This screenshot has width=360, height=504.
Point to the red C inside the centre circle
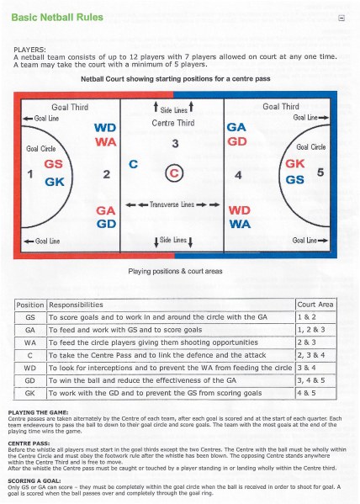click(173, 174)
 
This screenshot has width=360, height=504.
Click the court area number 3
click(174, 144)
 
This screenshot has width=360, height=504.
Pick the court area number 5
click(320, 172)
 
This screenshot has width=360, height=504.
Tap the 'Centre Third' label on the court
click(173, 123)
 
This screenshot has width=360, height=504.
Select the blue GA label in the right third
click(236, 127)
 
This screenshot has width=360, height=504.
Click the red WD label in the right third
click(240, 210)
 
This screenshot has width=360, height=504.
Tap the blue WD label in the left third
click(106, 128)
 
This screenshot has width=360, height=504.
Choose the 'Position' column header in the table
click(31, 305)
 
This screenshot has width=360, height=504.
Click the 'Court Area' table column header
click(316, 305)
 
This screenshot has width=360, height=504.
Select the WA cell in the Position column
click(31, 343)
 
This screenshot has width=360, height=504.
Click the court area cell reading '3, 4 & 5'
click(310, 381)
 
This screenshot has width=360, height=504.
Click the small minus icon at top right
click(341, 17)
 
